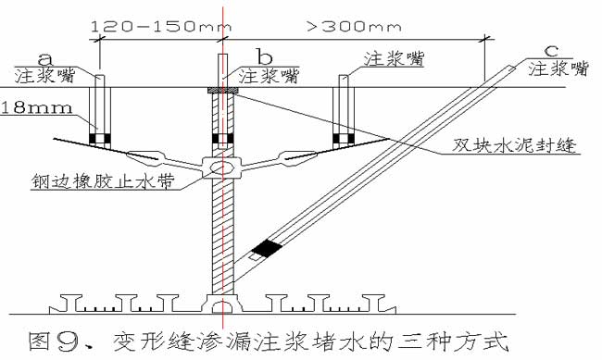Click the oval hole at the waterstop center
point(220,168)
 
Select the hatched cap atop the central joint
point(220,91)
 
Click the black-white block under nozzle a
point(100,140)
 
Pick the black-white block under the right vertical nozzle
point(345,140)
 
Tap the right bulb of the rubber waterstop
point(295,158)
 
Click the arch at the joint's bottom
point(220,302)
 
